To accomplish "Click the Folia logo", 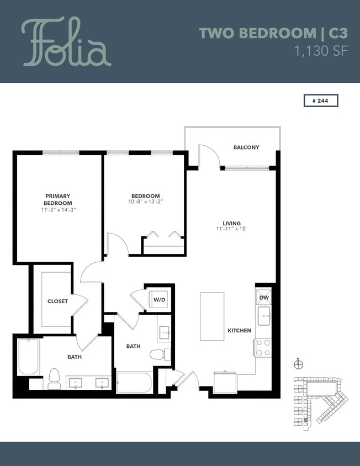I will click(66, 42).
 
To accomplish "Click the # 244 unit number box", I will click(320, 100).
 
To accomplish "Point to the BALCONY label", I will click(246, 147).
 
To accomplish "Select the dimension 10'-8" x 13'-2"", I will click(145, 203).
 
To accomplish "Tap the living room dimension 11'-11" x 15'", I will click(231, 229).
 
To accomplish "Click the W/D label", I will click(159, 299).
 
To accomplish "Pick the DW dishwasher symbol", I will click(263, 297).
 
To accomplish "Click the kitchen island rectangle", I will click(211, 316).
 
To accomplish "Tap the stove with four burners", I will click(263, 348).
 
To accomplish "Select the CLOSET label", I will click(57, 301).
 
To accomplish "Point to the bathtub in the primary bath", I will click(28, 357).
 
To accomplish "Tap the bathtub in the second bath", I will click(134, 382).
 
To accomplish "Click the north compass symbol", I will click(299, 364).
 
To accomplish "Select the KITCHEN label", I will click(239, 331).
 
